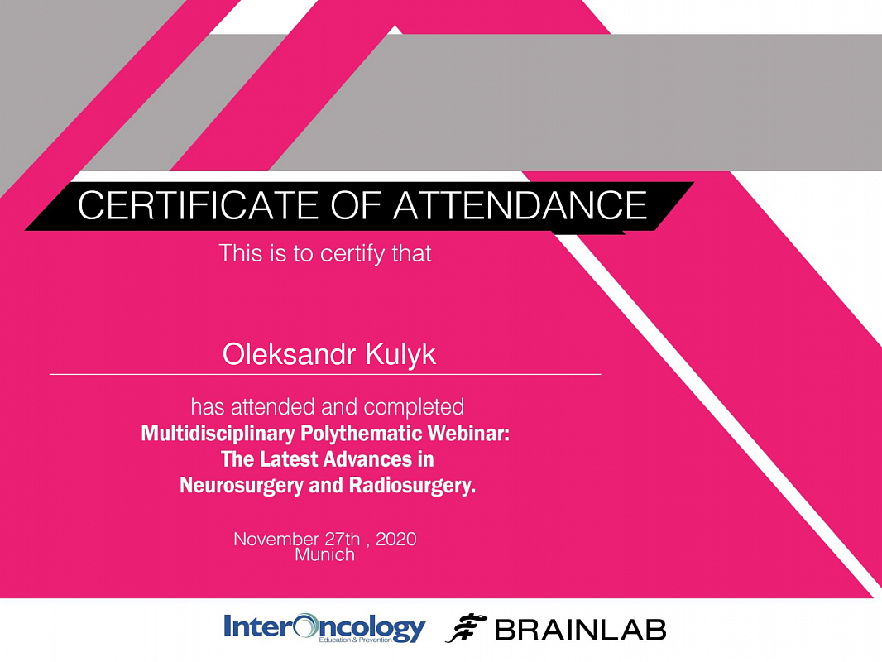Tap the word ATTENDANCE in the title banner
pyautogui.click(x=520, y=205)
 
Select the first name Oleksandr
pyautogui.click(x=289, y=354)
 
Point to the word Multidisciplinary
pyautogui.click(x=218, y=434)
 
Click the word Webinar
pyautogui.click(x=468, y=433)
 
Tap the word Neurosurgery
pyautogui.click(x=242, y=486)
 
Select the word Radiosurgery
pyautogui.click(x=412, y=486)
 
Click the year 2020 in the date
pyautogui.click(x=396, y=539)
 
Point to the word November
pyautogui.click(x=276, y=539)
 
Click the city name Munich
pyautogui.click(x=324, y=554)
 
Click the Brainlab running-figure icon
pyautogui.click(x=466, y=628)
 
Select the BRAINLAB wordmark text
pyautogui.click(x=581, y=630)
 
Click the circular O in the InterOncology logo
pyautogui.click(x=305, y=626)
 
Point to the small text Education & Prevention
pyautogui.click(x=355, y=640)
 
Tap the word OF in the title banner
pyautogui.click(x=356, y=205)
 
